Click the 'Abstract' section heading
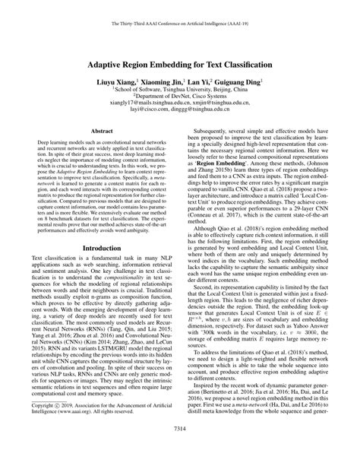click(x=103, y=131)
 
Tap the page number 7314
click(x=180, y=450)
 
